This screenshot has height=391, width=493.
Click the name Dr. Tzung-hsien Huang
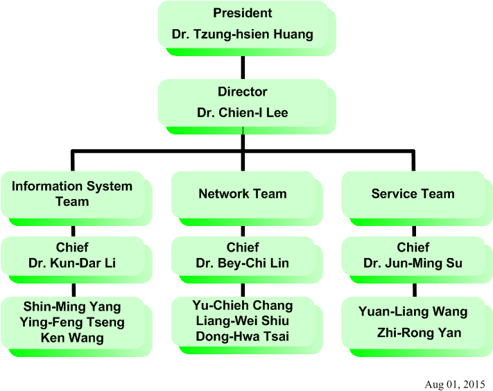[x=242, y=34]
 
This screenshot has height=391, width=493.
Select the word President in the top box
[x=242, y=13]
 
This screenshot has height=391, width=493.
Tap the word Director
[x=242, y=92]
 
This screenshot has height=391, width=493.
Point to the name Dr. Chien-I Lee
[x=242, y=112]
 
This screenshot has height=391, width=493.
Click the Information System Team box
[x=72, y=194]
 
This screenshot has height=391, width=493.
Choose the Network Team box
[x=242, y=194]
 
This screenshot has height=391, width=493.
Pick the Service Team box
[x=413, y=194]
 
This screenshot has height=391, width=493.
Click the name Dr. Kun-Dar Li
[x=72, y=263]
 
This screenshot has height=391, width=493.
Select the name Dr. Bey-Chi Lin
[x=242, y=263]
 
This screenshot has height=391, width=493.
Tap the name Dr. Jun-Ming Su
[x=413, y=263]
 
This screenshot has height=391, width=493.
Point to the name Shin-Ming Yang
[x=72, y=306]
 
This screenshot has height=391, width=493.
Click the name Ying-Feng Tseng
[x=72, y=322]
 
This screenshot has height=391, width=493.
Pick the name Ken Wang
[x=72, y=338]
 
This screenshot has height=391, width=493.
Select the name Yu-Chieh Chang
[x=242, y=305]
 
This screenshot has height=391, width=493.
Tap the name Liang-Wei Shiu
[x=242, y=321]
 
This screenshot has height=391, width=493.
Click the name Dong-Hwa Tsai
[x=242, y=337]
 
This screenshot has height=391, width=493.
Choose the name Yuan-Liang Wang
[x=413, y=312]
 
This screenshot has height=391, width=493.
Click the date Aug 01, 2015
[x=454, y=384]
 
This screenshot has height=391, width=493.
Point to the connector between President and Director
[x=243, y=67]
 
